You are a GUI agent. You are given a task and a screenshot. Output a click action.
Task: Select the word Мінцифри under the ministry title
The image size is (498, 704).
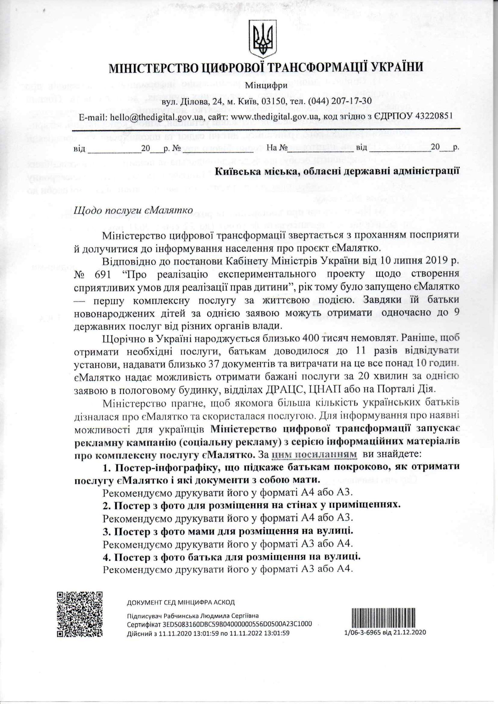coord(262,86)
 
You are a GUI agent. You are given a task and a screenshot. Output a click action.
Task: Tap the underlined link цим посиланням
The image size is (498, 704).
coord(314,454)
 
